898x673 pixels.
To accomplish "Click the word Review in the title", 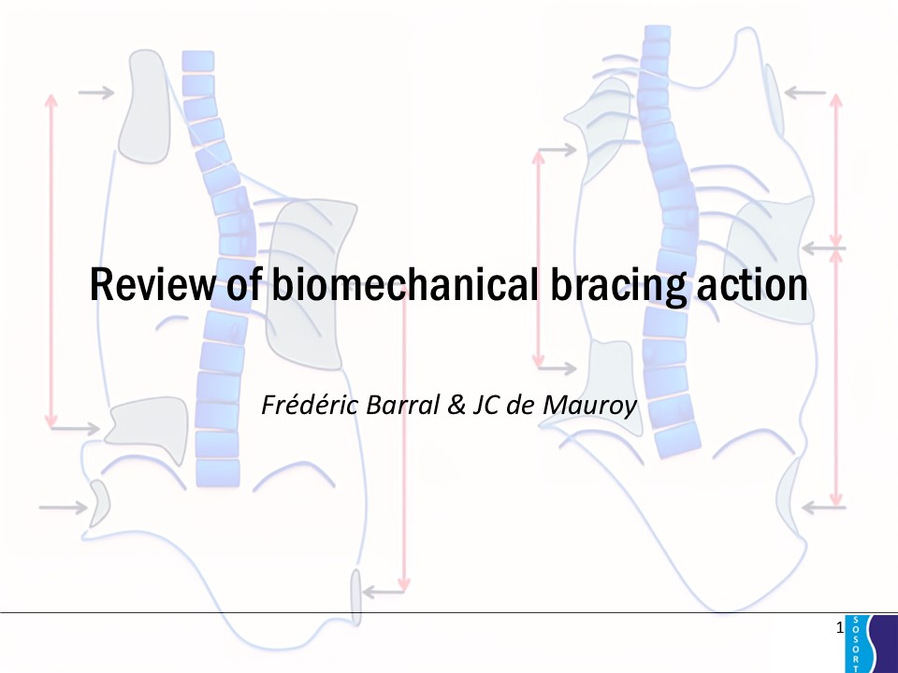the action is (x=152, y=284).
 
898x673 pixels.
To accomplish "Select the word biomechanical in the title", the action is (x=405, y=284).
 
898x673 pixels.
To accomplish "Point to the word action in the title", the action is (x=752, y=284).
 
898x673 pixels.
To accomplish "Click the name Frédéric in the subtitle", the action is (x=310, y=404).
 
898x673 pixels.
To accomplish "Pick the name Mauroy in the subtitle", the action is (x=589, y=406).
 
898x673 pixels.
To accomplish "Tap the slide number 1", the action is (x=840, y=628).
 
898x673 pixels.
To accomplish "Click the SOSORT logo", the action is (x=871, y=643).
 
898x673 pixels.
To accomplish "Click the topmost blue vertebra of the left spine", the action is (x=198, y=62).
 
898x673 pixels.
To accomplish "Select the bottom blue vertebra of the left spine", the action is (x=218, y=473).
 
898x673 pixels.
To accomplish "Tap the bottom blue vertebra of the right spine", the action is (x=678, y=439).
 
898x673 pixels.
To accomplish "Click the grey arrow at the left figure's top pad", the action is (x=96, y=93).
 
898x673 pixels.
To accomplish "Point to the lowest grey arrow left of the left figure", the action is (x=63, y=507).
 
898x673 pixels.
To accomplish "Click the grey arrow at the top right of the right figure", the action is (x=804, y=93).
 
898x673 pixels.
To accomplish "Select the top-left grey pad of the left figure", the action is (x=144, y=107).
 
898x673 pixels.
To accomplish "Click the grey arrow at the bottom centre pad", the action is (x=384, y=592).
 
